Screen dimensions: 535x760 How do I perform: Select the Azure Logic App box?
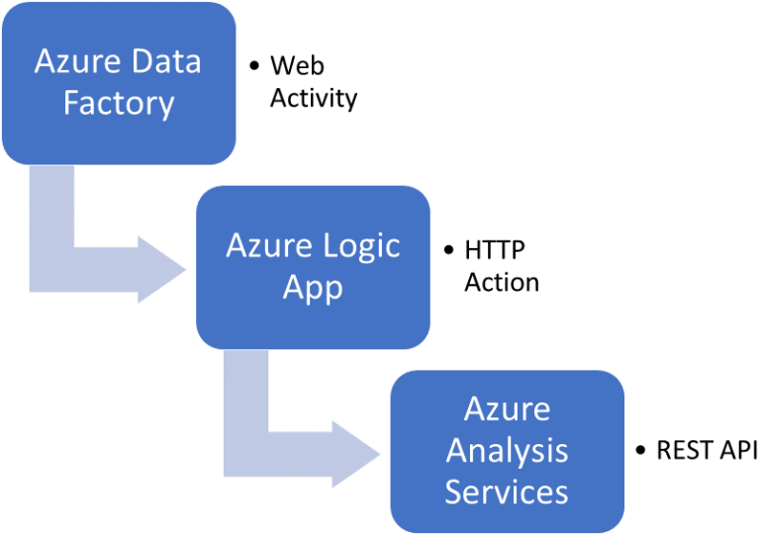(x=313, y=266)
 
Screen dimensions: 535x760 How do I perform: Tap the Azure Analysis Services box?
(x=507, y=450)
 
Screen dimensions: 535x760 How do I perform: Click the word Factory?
(x=118, y=103)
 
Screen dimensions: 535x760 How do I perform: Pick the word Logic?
(x=360, y=245)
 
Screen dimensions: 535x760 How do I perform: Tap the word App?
(x=313, y=287)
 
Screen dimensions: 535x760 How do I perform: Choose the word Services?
(x=507, y=491)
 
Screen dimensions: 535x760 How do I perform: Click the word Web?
(x=298, y=66)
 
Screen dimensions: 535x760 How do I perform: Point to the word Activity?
(x=314, y=98)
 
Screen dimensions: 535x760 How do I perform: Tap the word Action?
(x=502, y=282)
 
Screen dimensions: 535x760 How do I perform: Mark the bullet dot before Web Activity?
(x=254, y=66)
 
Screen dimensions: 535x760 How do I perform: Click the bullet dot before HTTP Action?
(x=448, y=250)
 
